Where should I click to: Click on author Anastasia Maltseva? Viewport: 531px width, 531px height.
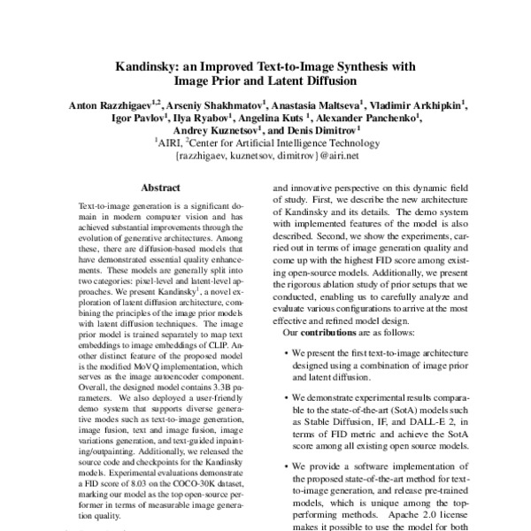(x=318, y=104)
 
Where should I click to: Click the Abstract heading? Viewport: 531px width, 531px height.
(x=159, y=188)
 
